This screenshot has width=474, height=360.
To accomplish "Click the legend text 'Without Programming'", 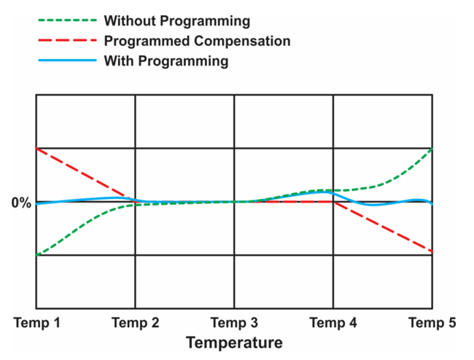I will pos(176,20).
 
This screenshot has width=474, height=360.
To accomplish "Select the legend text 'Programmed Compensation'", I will pos(197,40).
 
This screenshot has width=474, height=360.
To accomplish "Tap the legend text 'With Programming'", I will pos(166,60).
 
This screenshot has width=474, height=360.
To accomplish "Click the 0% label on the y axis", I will pos(21,203).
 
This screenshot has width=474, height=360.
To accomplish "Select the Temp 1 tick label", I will pos(36,322).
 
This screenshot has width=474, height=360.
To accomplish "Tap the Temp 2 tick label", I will pos(135,322).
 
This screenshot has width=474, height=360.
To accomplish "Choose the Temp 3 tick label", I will pos(233,322).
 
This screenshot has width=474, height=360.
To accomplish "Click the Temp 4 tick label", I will pos(333,322).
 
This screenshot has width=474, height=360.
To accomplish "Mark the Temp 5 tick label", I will pos(432,322).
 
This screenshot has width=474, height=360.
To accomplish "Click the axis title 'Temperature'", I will pos(233,342).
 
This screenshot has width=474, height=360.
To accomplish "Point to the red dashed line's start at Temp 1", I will pos(36,148).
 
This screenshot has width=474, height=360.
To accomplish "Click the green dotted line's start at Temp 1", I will pos(36,255).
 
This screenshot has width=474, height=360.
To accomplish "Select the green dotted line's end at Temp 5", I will pos(432,149).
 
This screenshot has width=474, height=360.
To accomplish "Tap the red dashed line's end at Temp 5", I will pos(432,251).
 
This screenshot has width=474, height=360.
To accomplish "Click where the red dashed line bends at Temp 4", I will pos(333,202).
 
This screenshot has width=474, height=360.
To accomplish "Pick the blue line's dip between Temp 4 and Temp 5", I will pos(374,206).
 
